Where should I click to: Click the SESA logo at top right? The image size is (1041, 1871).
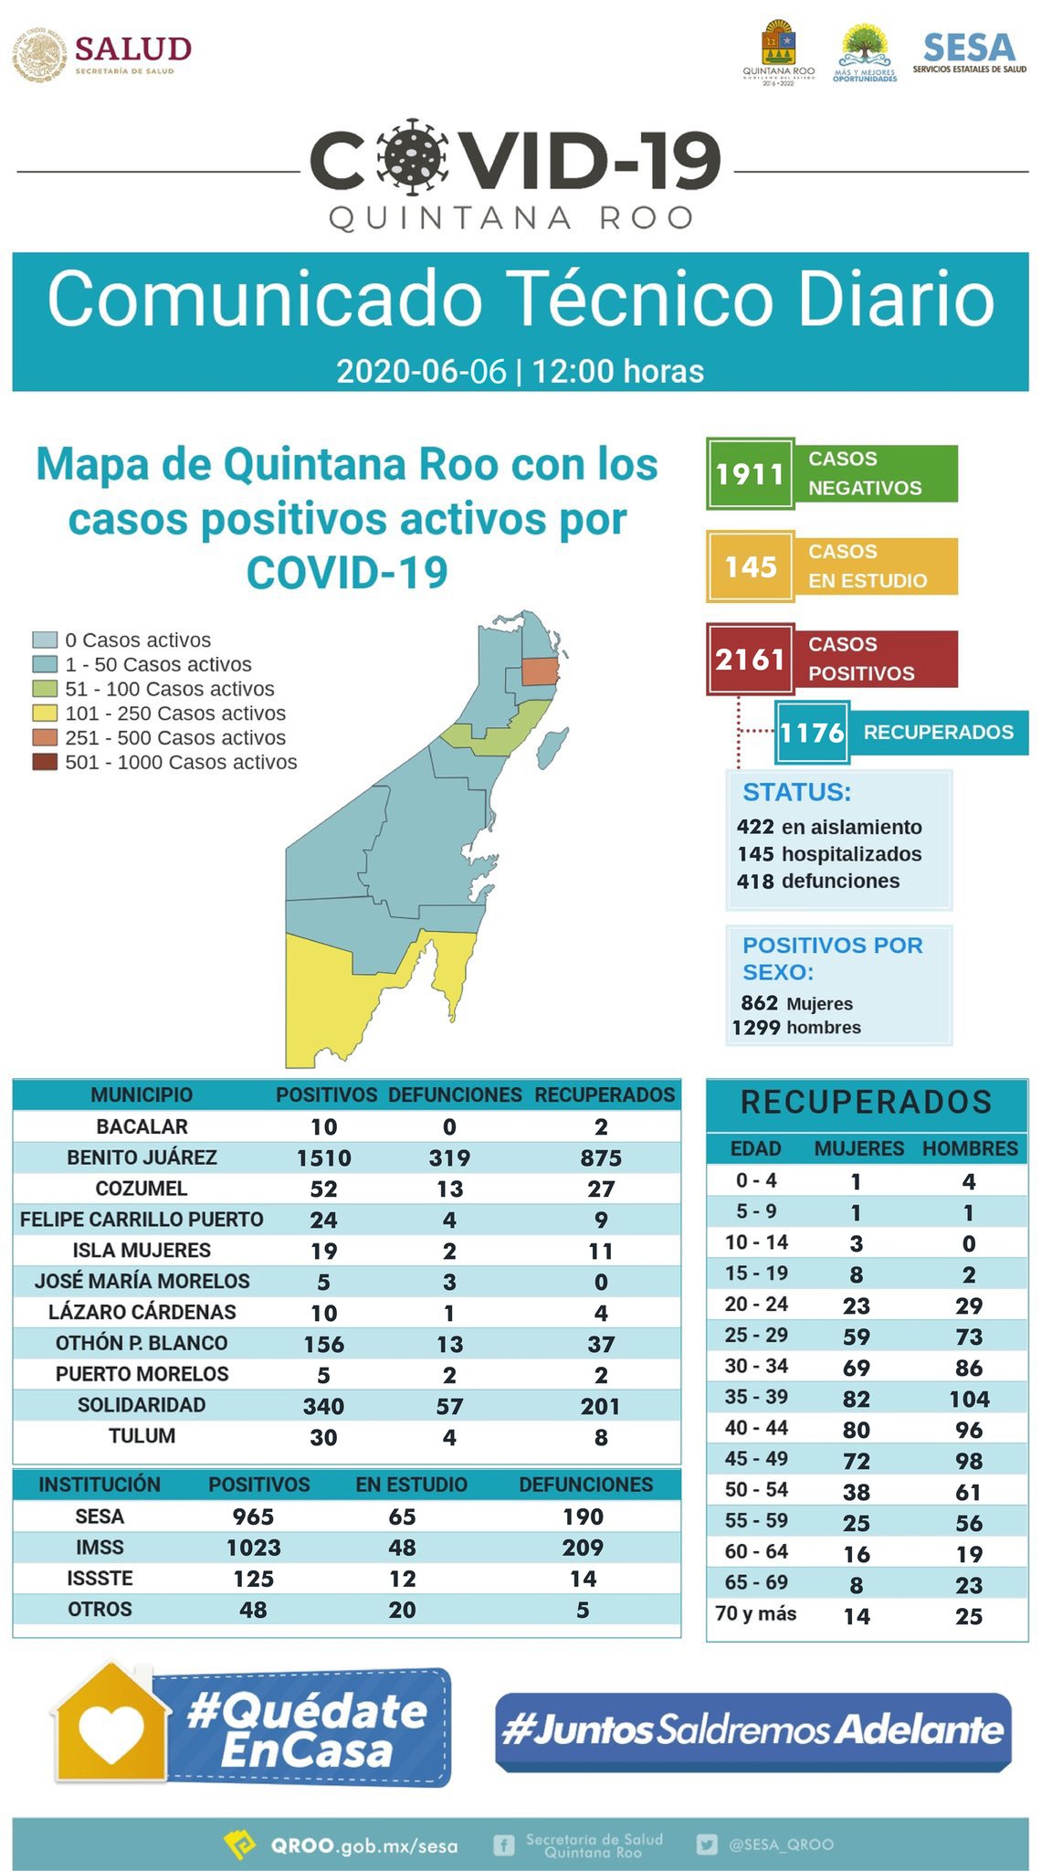(x=969, y=53)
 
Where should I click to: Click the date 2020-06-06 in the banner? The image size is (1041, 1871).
(x=421, y=371)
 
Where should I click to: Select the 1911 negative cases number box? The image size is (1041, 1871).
(x=750, y=474)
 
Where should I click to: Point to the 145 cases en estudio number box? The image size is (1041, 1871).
(x=750, y=566)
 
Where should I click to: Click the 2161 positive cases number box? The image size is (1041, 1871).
(x=750, y=659)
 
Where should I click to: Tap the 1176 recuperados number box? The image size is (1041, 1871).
(x=812, y=733)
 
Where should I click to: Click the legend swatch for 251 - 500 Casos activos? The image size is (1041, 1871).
(x=45, y=737)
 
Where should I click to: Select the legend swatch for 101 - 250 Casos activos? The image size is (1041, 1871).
(x=45, y=714)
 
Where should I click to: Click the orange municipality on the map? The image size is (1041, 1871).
(x=540, y=671)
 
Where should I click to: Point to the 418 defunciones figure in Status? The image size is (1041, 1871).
(x=755, y=882)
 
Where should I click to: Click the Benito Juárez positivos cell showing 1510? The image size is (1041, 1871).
(x=324, y=1158)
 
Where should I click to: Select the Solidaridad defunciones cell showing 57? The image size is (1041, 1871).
(x=449, y=1406)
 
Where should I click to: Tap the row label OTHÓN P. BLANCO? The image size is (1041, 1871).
(x=142, y=1343)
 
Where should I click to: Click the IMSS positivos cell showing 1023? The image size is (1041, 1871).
(x=254, y=1548)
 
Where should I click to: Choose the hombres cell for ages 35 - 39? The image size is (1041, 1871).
(x=969, y=1399)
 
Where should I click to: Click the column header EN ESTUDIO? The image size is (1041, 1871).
(x=411, y=1485)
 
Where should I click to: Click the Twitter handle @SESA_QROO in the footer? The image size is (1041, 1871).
(x=781, y=1845)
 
